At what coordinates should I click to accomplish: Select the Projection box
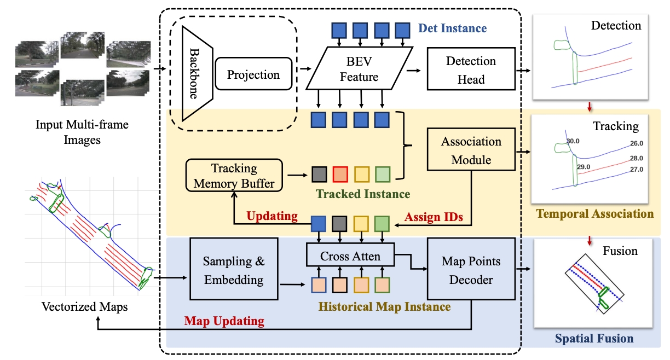click(x=253, y=75)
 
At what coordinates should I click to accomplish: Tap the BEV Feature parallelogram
click(x=359, y=69)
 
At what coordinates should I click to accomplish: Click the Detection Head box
click(x=471, y=69)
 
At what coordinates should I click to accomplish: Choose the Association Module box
click(x=471, y=150)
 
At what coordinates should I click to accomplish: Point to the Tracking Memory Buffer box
click(x=234, y=175)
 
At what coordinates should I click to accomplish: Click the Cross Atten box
click(x=350, y=256)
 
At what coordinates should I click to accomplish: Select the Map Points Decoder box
click(x=471, y=270)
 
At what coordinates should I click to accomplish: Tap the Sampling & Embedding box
click(x=234, y=270)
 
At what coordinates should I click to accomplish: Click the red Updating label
click(x=272, y=216)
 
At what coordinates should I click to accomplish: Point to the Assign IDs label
click(x=434, y=217)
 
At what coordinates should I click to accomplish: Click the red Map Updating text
click(x=224, y=321)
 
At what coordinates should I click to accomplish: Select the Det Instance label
click(x=452, y=27)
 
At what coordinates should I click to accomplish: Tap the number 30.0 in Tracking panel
click(x=573, y=141)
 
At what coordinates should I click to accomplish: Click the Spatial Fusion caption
click(x=594, y=339)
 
